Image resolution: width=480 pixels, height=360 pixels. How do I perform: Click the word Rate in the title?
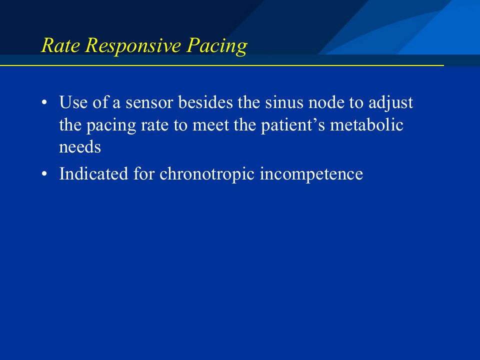(60, 45)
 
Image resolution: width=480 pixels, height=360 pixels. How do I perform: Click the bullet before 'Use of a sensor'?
(44, 102)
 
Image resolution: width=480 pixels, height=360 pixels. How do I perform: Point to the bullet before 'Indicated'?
(44, 173)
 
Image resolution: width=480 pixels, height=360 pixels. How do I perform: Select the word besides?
(205, 102)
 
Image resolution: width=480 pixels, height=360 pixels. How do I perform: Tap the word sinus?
(284, 102)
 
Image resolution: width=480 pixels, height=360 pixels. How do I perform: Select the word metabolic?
(366, 124)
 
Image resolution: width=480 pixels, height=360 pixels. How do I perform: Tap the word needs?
(80, 147)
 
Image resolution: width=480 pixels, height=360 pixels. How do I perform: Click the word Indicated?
(93, 173)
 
